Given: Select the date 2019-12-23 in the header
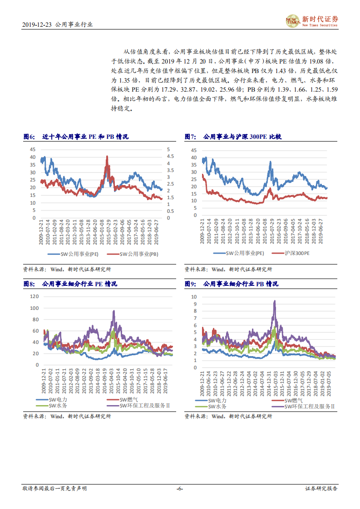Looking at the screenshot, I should click(x=37, y=25).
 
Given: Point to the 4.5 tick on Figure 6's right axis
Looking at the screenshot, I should click(x=168, y=157).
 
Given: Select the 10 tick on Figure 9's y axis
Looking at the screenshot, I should click(x=194, y=297).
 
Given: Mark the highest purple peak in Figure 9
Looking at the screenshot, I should click(x=274, y=301).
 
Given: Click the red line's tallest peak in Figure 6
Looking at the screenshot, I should click(x=107, y=157).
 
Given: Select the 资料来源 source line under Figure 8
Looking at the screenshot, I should click(x=67, y=416).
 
